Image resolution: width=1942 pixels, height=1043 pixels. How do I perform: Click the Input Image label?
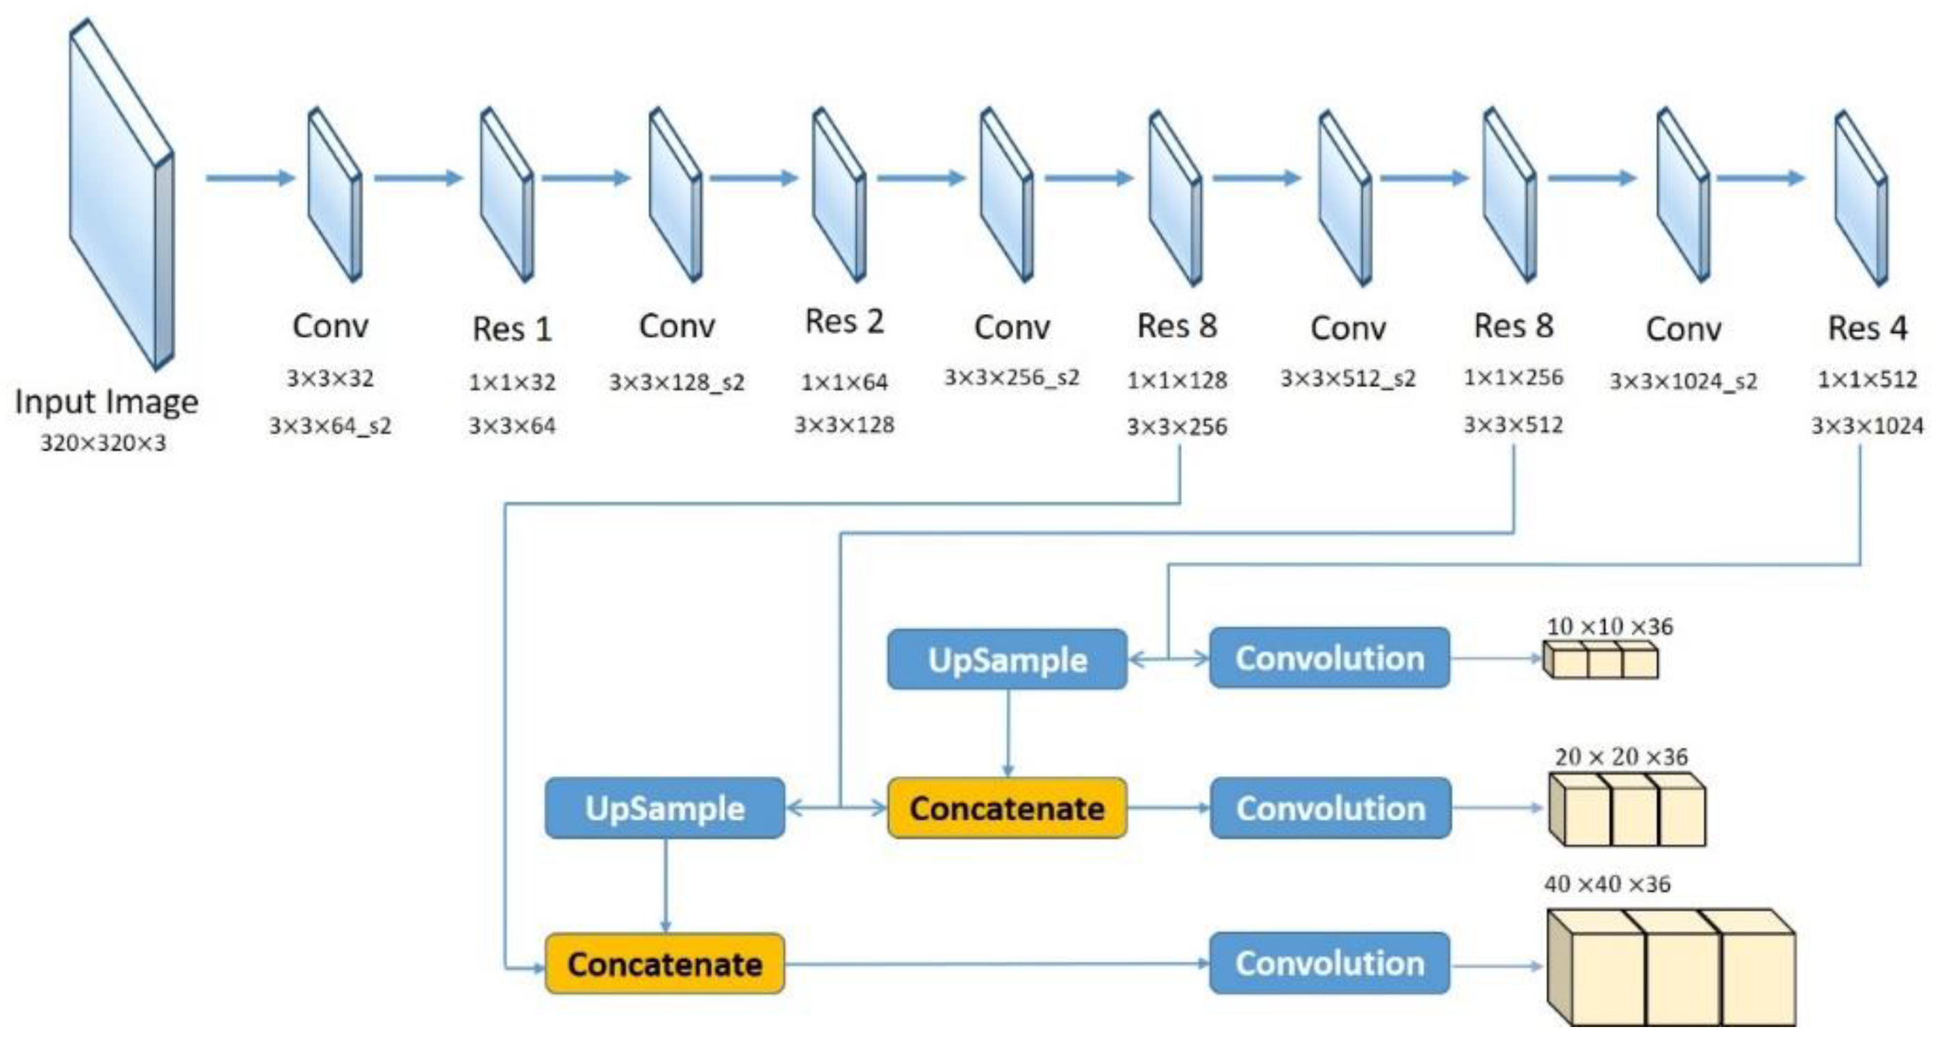point(106,401)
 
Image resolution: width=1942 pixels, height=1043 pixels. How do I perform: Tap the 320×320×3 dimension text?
point(104,443)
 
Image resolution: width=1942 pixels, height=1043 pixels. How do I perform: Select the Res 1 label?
point(512,329)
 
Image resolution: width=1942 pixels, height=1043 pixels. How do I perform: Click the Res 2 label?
point(844,322)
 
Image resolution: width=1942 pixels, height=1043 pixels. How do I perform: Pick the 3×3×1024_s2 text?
point(1684,381)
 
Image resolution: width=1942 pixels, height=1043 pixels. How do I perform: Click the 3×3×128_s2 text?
point(676,382)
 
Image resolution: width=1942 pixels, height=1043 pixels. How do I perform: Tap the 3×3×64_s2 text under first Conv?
point(330,426)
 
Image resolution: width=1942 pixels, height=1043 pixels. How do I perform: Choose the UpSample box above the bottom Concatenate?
point(664,808)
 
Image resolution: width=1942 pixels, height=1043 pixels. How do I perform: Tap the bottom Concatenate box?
point(664,964)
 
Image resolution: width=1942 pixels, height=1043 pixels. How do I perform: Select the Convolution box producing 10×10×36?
point(1329,658)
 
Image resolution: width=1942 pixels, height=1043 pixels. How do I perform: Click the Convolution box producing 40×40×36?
point(1329,963)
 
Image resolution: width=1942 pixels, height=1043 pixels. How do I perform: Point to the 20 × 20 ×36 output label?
point(1621,757)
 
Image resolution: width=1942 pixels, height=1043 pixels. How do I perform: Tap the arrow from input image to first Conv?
point(249,178)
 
